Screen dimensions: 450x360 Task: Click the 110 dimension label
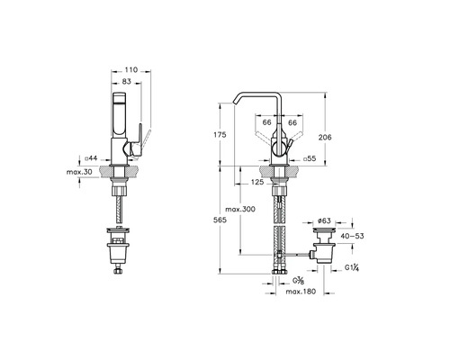coord(130,70)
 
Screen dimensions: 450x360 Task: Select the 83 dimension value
coord(127,81)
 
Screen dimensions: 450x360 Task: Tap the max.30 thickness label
coord(79,172)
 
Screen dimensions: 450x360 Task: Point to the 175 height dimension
coord(220,135)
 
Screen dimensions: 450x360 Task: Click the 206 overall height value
coord(325,138)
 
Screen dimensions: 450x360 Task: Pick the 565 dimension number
coord(220,220)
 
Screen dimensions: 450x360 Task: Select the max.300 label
coord(240,209)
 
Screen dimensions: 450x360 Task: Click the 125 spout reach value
coord(257,182)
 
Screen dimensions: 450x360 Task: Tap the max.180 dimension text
coord(301,292)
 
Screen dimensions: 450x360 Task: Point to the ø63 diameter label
coord(324,220)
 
